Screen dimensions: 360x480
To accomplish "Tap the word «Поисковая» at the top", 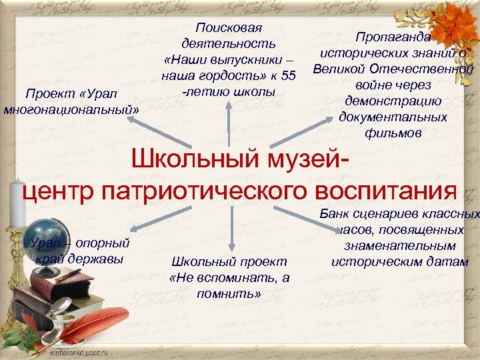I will pyautogui.click(x=229, y=28).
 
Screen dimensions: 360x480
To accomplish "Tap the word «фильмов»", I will pyautogui.click(x=393, y=133).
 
